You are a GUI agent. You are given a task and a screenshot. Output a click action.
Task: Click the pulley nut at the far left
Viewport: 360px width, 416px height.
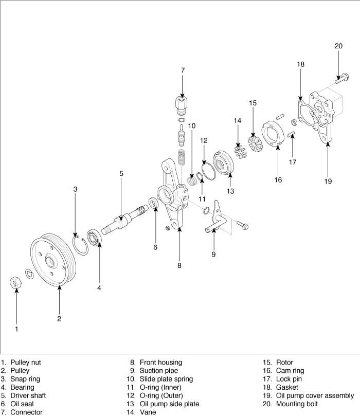point(16,282)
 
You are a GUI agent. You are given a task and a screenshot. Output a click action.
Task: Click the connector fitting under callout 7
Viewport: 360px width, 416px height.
point(182,105)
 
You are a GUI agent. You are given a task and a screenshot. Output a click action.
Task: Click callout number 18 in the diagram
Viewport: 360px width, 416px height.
point(301,64)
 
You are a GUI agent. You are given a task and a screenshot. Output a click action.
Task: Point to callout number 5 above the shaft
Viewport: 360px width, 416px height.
point(121,173)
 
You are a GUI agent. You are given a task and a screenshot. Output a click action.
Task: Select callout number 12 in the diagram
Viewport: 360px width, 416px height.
point(204,140)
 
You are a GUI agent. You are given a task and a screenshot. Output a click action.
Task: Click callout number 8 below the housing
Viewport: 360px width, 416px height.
point(179,266)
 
